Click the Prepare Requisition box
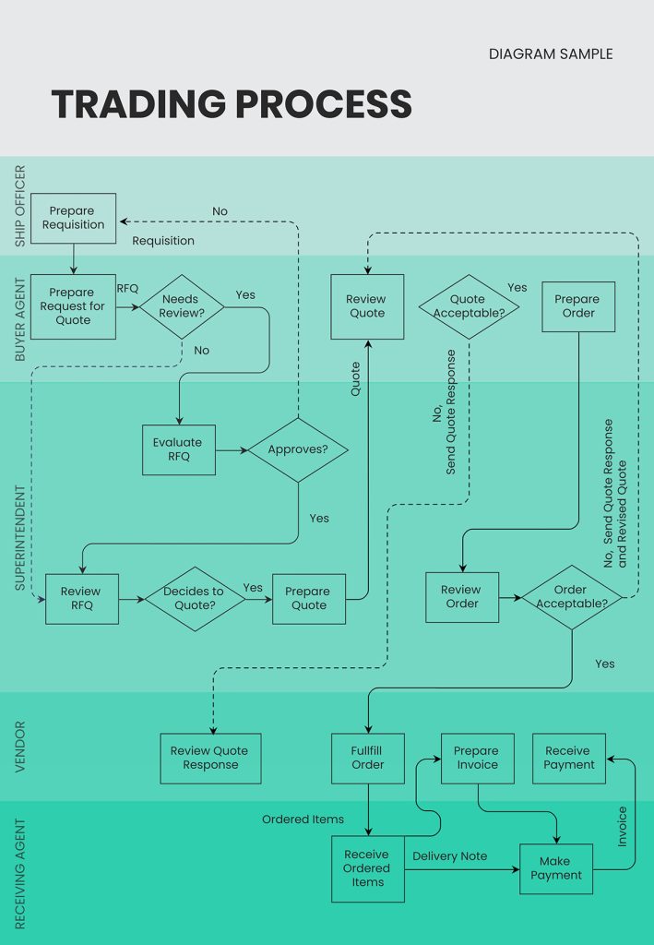click(x=73, y=218)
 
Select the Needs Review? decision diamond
click(x=181, y=306)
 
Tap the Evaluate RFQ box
click(x=179, y=449)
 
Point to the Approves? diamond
click(x=297, y=449)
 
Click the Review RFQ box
click(x=81, y=598)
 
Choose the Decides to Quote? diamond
click(x=194, y=598)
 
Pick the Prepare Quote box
click(x=308, y=598)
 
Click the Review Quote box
click(x=367, y=305)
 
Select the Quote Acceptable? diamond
click(x=469, y=306)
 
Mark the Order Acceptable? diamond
click(x=571, y=597)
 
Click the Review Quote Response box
click(x=210, y=758)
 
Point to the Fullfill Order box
click(x=367, y=758)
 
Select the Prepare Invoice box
click(x=477, y=758)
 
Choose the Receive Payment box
click(x=569, y=758)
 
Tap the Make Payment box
click(x=555, y=868)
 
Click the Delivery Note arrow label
click(x=449, y=856)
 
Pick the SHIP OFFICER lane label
click(x=20, y=206)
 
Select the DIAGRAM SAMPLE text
click(x=550, y=54)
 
